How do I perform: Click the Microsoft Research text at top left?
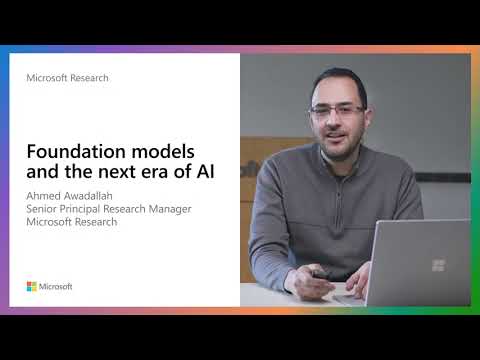point(67,77)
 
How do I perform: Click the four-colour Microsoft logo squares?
point(32,286)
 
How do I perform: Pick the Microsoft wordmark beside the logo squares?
point(56,286)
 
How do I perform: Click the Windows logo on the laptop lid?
point(438,265)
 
